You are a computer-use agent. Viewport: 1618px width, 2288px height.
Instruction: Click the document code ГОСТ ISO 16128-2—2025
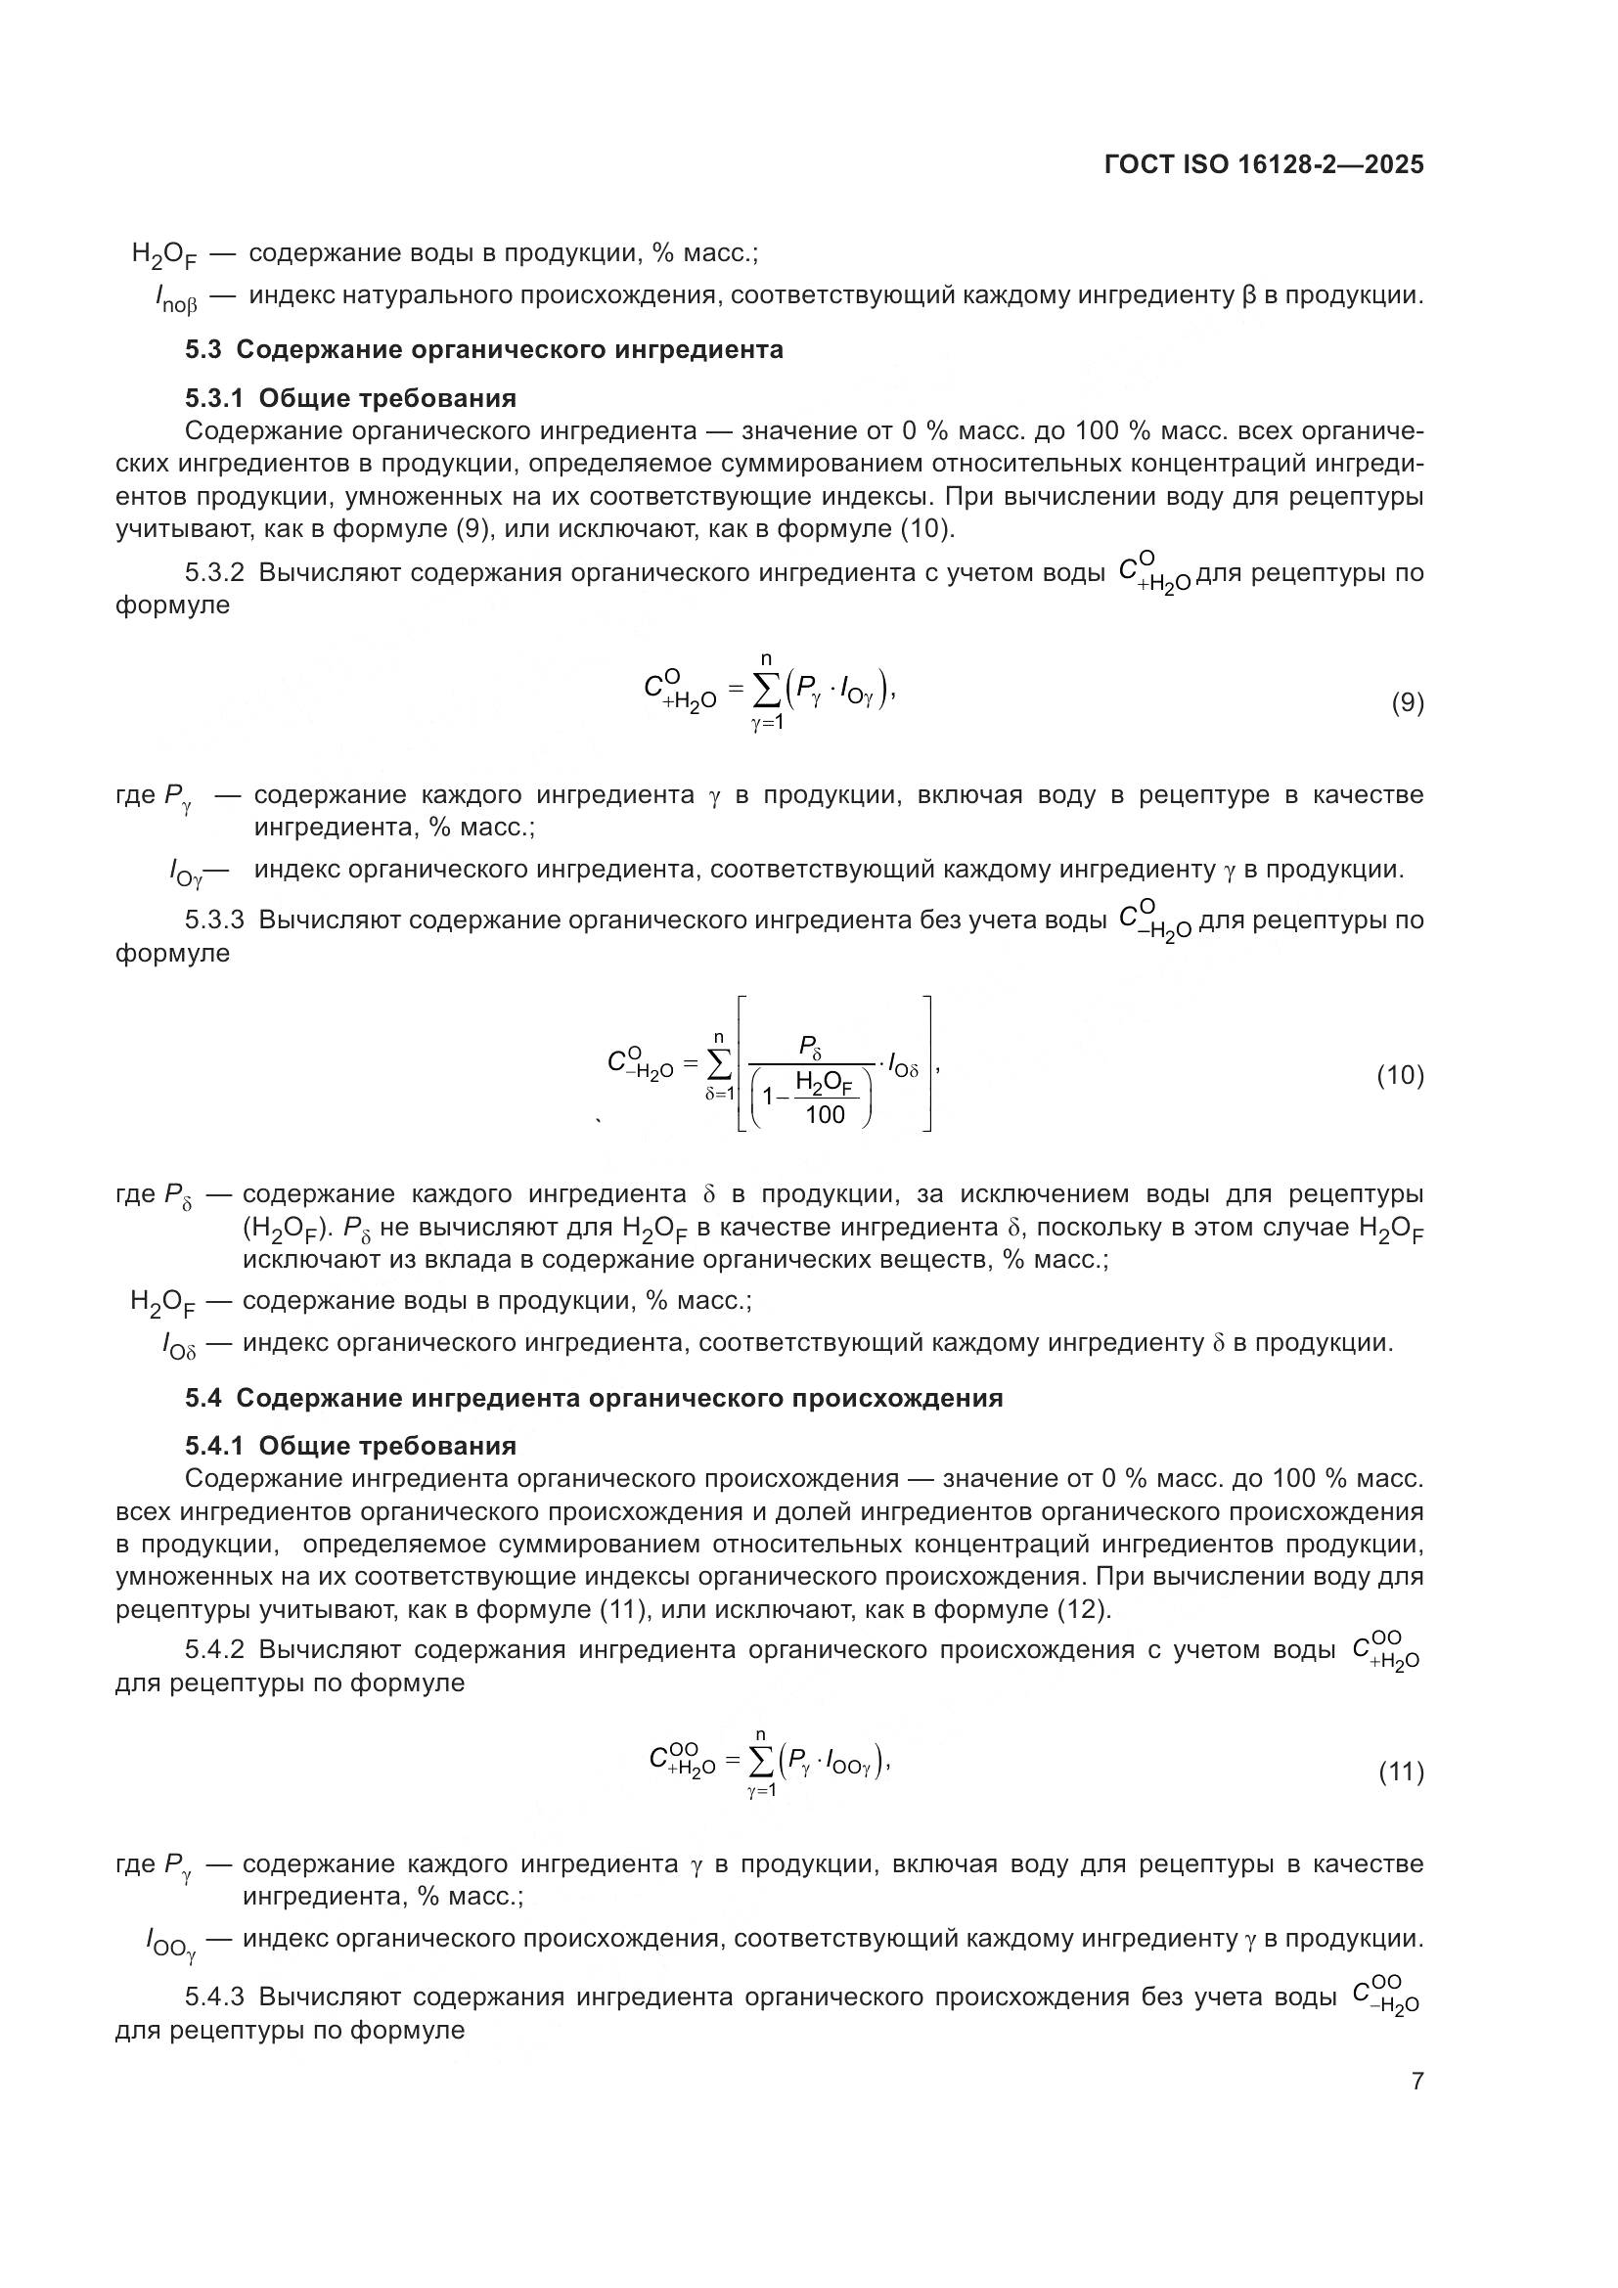pyautogui.click(x=1263, y=164)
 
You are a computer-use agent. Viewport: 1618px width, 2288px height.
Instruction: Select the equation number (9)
pyautogui.click(x=1407, y=702)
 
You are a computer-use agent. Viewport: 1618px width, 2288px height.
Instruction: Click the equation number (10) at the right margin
pyautogui.click(x=1400, y=1075)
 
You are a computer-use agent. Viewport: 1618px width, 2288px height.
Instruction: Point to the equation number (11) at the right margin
pyautogui.click(x=1401, y=1772)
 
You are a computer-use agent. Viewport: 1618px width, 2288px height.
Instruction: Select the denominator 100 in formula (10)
pyautogui.click(x=824, y=1114)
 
